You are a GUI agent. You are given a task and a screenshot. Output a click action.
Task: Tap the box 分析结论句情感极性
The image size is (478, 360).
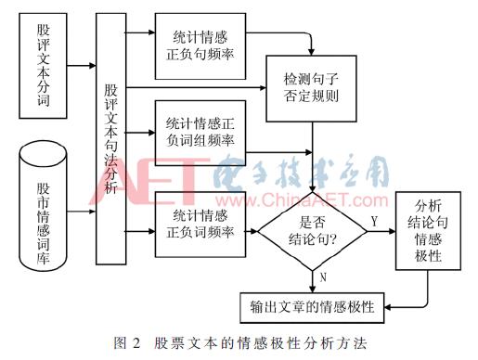[x=428, y=232]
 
